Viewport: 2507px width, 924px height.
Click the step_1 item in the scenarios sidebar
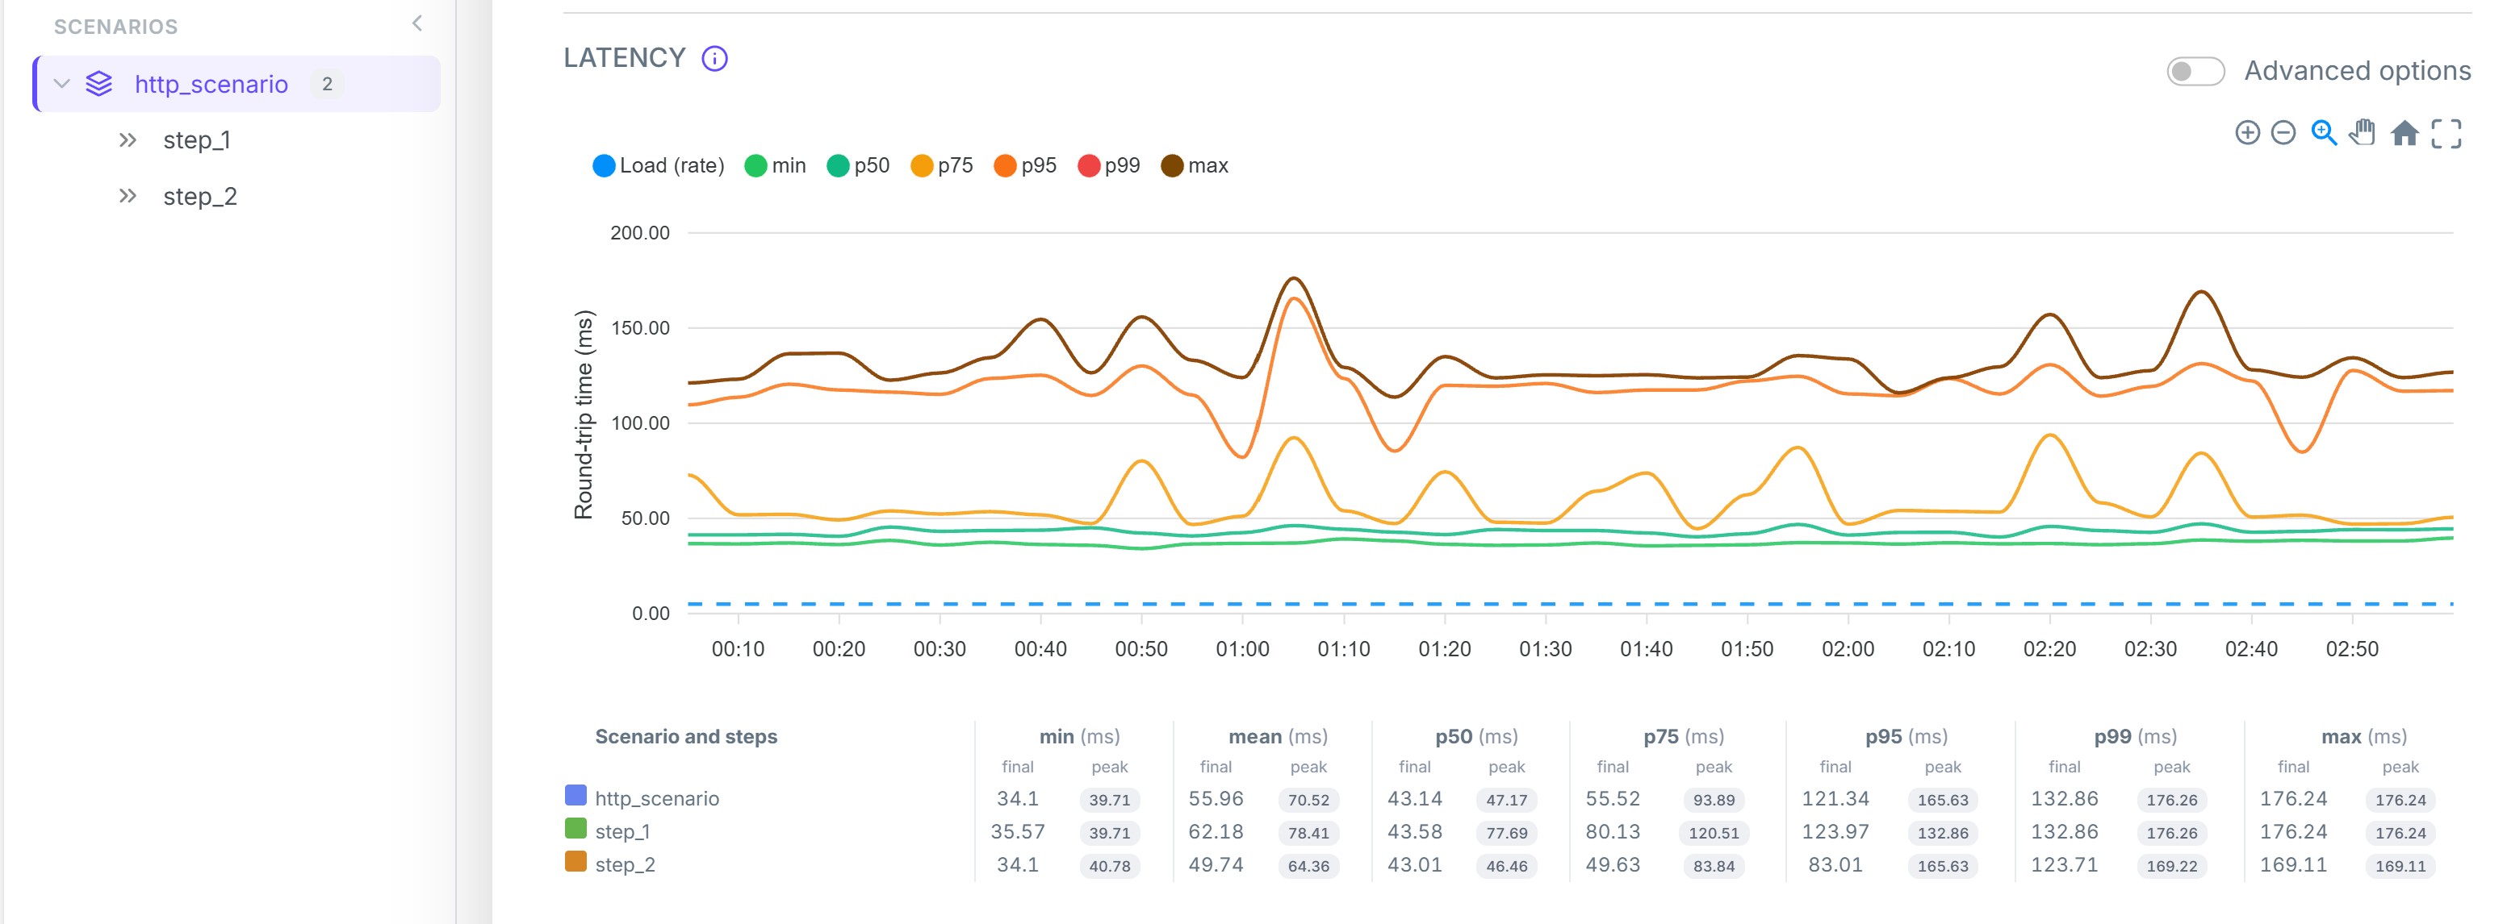point(197,140)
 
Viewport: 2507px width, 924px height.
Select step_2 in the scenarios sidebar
point(199,197)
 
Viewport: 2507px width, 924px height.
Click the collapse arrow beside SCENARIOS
point(417,23)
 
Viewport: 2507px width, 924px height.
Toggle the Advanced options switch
point(2195,71)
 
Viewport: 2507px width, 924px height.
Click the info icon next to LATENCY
point(714,58)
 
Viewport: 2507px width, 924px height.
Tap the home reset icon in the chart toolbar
point(2404,132)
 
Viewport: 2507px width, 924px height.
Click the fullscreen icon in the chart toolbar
point(2446,133)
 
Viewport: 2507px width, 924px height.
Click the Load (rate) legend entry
point(659,165)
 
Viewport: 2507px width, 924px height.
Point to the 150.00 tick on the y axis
point(639,328)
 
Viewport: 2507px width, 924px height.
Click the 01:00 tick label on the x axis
point(1242,649)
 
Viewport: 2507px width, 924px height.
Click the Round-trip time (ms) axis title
point(583,414)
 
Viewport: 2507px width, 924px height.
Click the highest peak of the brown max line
point(1293,279)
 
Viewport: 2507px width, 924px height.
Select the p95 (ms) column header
point(1906,736)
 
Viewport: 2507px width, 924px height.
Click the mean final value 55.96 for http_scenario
point(1216,798)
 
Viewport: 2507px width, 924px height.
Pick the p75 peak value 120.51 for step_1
point(1714,833)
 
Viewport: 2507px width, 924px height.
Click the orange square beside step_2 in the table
point(575,862)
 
